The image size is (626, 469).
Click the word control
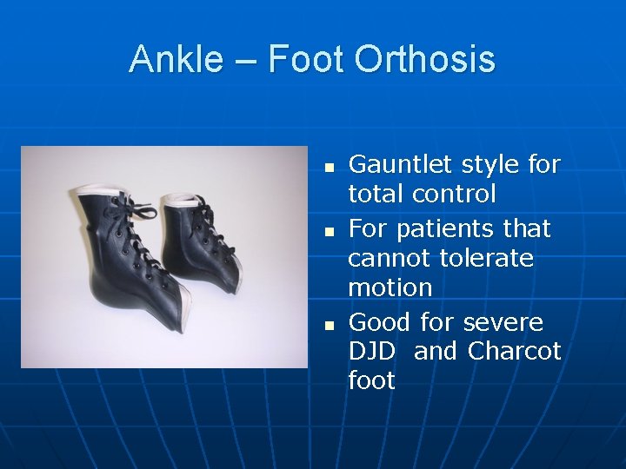(x=454, y=194)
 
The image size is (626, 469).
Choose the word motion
(x=390, y=287)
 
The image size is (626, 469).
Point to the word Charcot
(x=515, y=352)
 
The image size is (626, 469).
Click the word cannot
(x=389, y=258)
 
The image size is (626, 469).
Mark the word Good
(x=380, y=322)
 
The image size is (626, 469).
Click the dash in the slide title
(x=246, y=61)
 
